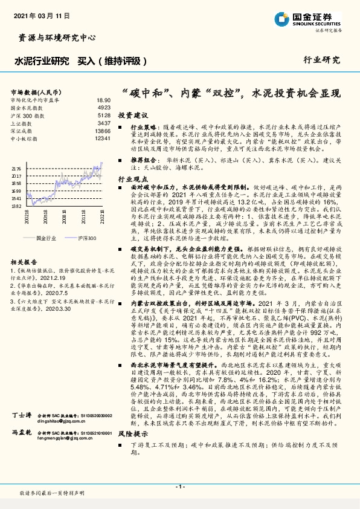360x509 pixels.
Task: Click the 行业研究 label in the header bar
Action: pos(321,60)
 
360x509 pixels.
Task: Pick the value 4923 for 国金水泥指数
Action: pos(103,107)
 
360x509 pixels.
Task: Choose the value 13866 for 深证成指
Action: pos(102,131)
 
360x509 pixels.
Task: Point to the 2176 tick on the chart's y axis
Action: pos(16,169)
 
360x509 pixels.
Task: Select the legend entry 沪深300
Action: pos(88,221)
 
